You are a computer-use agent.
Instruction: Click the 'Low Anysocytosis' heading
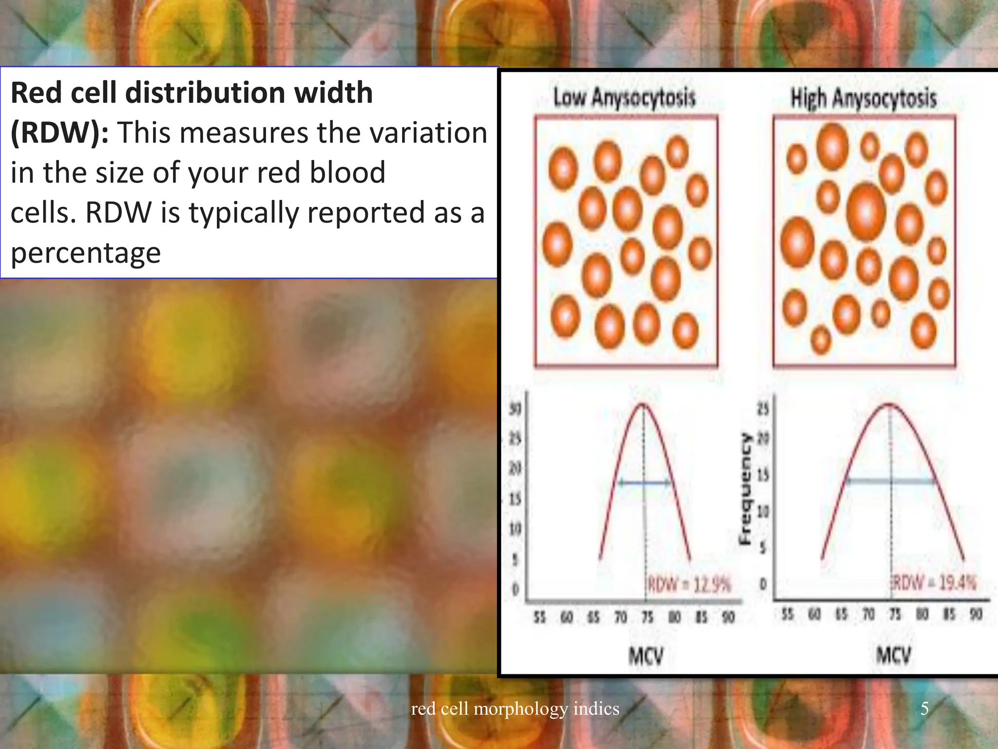(x=624, y=98)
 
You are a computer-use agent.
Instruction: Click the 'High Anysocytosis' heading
(x=863, y=98)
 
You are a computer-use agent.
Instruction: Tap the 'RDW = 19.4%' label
(x=935, y=583)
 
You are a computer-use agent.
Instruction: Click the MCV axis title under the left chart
(x=646, y=656)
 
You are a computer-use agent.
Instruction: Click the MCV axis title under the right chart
(x=893, y=655)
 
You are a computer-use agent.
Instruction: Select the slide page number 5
(x=924, y=708)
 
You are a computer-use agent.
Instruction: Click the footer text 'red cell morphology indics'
(x=515, y=708)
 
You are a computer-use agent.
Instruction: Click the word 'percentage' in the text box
(x=86, y=253)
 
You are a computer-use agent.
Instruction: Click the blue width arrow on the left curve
(x=644, y=483)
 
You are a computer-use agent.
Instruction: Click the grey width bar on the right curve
(x=891, y=481)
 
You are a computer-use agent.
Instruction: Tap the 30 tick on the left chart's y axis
(x=515, y=409)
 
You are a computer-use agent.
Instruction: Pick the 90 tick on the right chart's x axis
(x=975, y=614)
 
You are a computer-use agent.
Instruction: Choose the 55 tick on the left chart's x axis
(x=539, y=618)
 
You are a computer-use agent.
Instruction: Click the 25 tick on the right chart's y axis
(x=763, y=409)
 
